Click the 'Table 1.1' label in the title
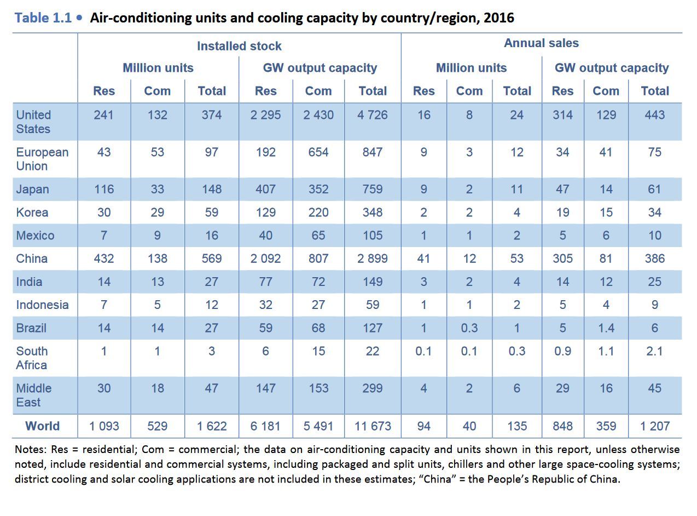pos(43,18)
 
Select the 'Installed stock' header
pos(239,46)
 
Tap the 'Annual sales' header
pos(541,43)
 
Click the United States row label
pos(33,122)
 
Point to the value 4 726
pos(373,115)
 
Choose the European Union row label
pos(42,159)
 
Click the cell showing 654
pos(318,152)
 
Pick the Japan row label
pos(32,190)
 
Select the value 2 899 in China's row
pos(373,259)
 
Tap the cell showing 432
pos(104,259)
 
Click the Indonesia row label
pos(42,305)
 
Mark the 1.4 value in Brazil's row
pos(606,328)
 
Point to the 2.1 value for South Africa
pos(654,351)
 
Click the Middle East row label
pos(33,395)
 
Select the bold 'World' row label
pos(43,426)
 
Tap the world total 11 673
pos(373,426)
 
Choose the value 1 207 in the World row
pos(654,426)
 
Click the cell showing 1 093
pos(104,426)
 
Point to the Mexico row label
pos(35,236)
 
